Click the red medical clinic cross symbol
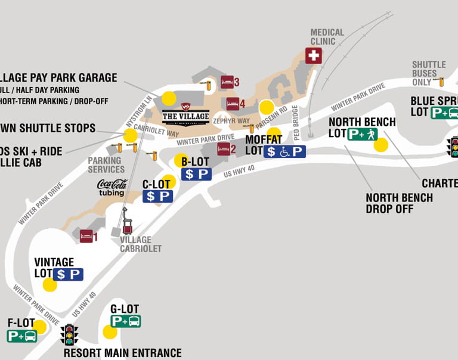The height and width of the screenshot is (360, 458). coord(313,55)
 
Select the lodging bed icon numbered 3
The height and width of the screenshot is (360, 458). coord(227,82)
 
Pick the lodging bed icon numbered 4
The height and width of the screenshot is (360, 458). coord(233,104)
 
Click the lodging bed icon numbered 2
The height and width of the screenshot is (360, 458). coord(224,148)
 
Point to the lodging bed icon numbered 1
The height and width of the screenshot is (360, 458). coord(86,236)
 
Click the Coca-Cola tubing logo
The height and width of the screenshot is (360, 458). coord(112,187)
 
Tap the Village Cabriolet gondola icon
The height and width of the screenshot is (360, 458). coord(127,226)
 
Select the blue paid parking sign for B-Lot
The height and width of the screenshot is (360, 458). coord(196,174)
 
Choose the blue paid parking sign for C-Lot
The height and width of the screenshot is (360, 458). coord(157,196)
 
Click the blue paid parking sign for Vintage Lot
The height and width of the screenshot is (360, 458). coord(68,274)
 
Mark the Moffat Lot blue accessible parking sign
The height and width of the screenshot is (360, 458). coord(285,151)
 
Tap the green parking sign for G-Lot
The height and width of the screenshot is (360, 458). coord(126,321)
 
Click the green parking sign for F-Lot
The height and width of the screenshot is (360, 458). coord(22,336)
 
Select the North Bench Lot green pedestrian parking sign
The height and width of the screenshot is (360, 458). coord(363,134)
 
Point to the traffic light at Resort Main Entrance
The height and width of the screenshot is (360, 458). coord(70,334)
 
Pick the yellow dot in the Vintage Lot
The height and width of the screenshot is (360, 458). coord(50,285)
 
